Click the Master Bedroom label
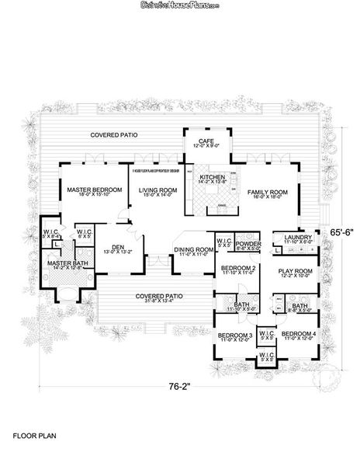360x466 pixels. pyautogui.click(x=94, y=190)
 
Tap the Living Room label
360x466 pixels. pyautogui.click(x=154, y=190)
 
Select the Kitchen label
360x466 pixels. pyautogui.click(x=212, y=177)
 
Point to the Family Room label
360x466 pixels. pyautogui.click(x=268, y=191)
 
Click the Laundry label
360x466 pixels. pyautogui.click(x=298, y=238)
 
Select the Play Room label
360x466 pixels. pyautogui.click(x=295, y=270)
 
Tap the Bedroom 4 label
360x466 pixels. pyautogui.click(x=299, y=334)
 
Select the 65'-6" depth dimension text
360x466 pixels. pyautogui.click(x=342, y=231)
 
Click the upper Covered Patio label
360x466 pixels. pyautogui.click(x=114, y=134)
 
